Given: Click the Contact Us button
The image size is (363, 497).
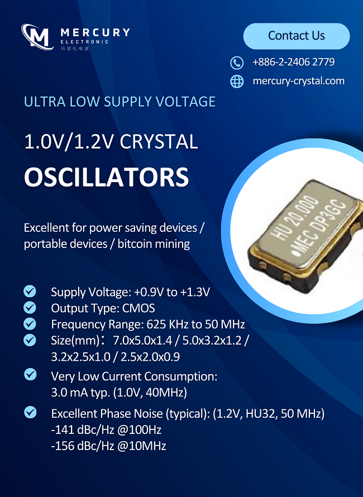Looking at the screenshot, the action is [x=297, y=36].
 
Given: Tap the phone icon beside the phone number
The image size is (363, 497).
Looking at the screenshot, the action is [x=237, y=63].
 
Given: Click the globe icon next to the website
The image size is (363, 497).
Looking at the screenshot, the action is [x=237, y=82].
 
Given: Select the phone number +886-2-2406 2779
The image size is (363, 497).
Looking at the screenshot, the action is [x=294, y=62].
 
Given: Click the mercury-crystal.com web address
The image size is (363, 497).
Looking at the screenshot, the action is [x=299, y=81].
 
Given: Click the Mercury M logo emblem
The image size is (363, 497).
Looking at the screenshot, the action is [x=36, y=36].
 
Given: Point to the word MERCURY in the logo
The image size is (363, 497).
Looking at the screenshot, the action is [x=95, y=32].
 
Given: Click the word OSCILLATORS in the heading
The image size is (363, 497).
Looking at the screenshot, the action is [x=107, y=177].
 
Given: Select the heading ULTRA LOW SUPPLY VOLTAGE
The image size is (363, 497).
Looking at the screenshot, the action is [x=120, y=102].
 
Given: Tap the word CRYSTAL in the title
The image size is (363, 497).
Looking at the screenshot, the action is [x=159, y=141].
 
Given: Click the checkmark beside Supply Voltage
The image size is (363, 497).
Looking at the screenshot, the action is [x=30, y=291].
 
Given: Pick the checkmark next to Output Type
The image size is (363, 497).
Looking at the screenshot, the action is [x=30, y=307].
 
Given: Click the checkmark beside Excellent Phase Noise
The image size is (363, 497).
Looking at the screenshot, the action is [x=30, y=412].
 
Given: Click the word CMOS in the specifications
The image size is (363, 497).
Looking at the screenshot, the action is [x=138, y=308].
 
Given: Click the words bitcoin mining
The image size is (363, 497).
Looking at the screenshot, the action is [x=154, y=244].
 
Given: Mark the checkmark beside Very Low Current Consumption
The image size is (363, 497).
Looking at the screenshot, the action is [x=30, y=374].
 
